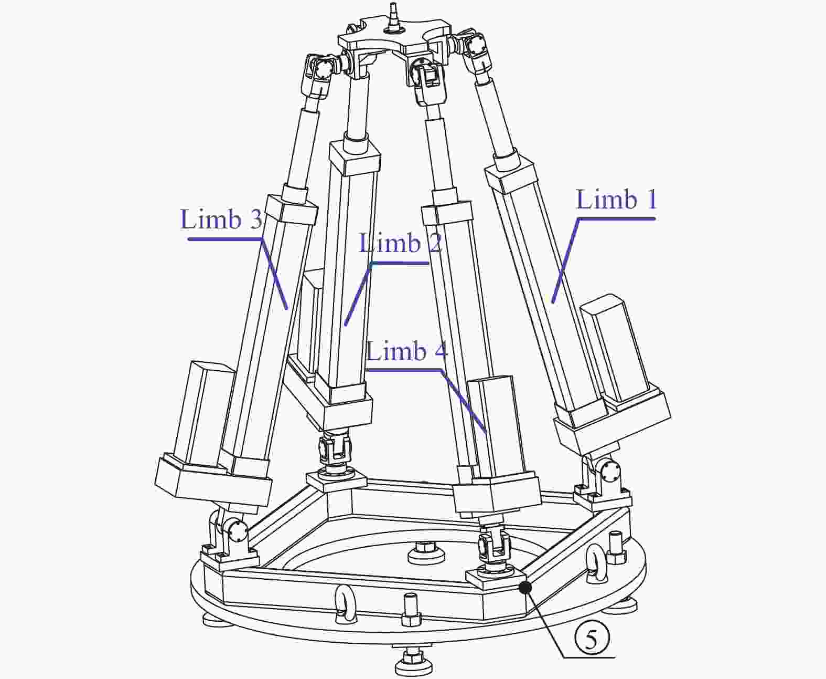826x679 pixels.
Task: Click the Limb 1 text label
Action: click(x=616, y=200)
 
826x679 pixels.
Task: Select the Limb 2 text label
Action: click(x=400, y=243)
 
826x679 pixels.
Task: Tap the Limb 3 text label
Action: click(x=221, y=220)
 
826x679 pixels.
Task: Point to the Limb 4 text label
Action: click(x=407, y=351)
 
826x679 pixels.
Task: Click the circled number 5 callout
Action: click(x=592, y=640)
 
